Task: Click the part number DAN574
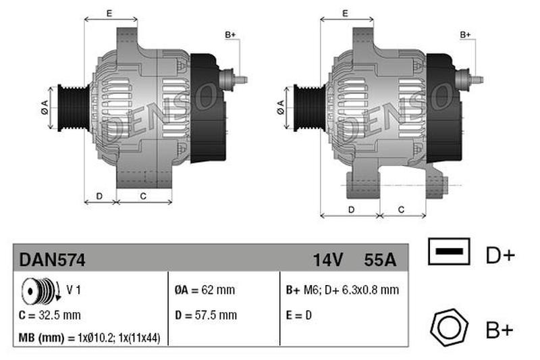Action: point(52,259)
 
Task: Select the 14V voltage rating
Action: point(328,259)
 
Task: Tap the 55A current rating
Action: point(379,259)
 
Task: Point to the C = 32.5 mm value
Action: point(51,315)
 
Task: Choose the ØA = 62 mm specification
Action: point(205,290)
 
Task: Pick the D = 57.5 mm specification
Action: point(205,315)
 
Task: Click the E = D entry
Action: point(298,315)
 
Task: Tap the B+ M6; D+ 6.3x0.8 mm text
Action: point(342,290)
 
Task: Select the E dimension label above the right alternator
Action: point(344,13)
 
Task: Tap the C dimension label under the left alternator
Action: point(143,196)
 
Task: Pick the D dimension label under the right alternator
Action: point(351,209)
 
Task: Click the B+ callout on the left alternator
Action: point(230,34)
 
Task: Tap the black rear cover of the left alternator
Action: point(206,108)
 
